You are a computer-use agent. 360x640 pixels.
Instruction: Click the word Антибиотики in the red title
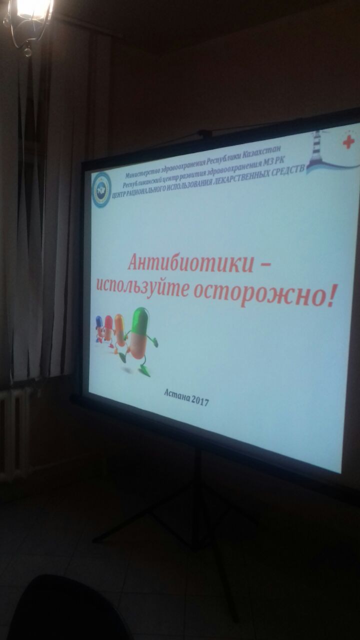(x=191, y=262)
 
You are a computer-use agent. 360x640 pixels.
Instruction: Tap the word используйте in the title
(x=141, y=285)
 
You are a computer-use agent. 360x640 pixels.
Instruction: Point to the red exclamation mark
(x=329, y=295)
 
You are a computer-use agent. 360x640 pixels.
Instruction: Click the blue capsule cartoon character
(x=98, y=328)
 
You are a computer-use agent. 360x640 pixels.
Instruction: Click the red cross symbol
(x=348, y=142)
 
